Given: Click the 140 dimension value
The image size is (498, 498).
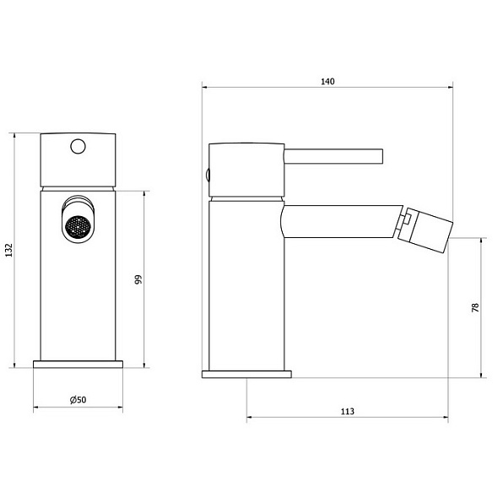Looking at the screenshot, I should tap(328, 81).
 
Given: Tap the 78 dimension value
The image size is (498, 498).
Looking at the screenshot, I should tap(474, 308).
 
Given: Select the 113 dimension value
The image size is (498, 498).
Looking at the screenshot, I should tap(347, 411).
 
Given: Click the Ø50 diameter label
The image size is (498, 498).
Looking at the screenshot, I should tap(78, 399).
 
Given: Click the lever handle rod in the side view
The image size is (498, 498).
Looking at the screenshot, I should tap(333, 157).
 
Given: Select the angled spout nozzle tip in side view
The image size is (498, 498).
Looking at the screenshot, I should tap(429, 228).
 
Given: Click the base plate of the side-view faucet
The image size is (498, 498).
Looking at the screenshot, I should tap(246, 373).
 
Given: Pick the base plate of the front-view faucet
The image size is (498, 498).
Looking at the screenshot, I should tap(78, 365).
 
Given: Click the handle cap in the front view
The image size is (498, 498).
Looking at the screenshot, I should tap(78, 156).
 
